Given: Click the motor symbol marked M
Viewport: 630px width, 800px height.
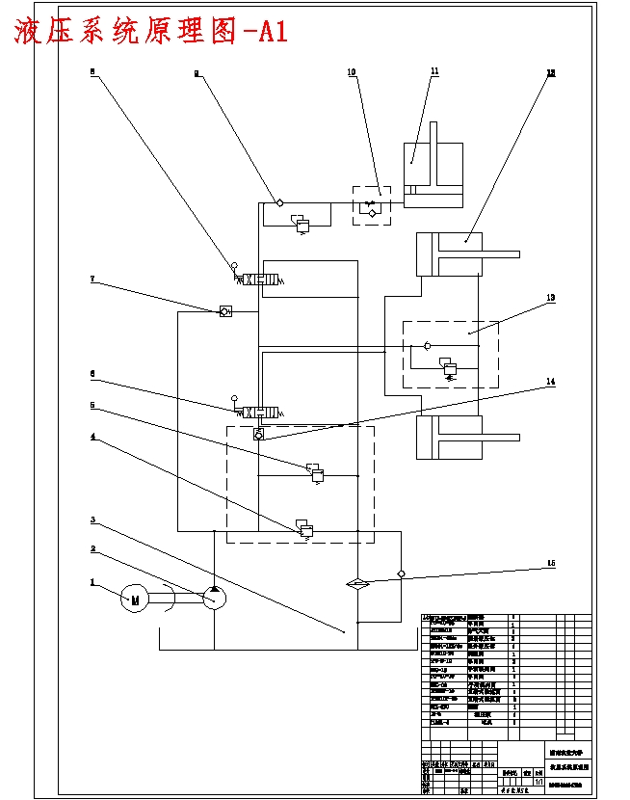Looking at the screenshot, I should tap(134, 600).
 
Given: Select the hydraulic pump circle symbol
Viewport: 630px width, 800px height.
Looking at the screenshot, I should tap(214, 598).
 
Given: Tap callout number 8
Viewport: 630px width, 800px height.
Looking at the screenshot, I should tap(92, 70).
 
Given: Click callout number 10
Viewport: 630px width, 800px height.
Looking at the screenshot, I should tap(352, 72).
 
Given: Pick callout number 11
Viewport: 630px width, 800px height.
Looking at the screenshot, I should tap(434, 71).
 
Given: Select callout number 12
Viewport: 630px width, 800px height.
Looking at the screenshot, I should tap(550, 72).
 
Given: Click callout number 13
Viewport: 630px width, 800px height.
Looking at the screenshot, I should tap(550, 298).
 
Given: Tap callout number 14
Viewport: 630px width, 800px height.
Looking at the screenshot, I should tap(550, 382).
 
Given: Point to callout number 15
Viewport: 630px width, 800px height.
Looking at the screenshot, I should tap(550, 563).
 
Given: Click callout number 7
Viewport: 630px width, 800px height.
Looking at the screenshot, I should tap(92, 280).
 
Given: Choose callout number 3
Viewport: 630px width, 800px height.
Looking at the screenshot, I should tap(92, 520).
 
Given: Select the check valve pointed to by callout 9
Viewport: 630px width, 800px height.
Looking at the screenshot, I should tap(279, 202).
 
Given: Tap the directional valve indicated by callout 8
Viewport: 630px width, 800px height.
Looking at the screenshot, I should tap(259, 280).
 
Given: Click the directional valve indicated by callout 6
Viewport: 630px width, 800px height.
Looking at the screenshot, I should tap(259, 412).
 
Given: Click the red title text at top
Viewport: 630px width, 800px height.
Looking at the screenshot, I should tap(150, 32).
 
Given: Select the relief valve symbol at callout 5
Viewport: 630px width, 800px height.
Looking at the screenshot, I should tap(315, 471).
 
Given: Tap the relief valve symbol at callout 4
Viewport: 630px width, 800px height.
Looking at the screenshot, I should tap(305, 527).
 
